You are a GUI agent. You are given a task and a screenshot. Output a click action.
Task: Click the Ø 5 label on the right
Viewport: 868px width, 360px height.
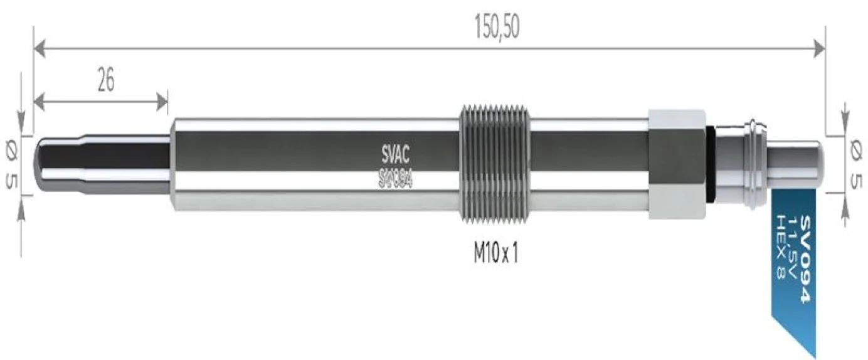click(x=854, y=164)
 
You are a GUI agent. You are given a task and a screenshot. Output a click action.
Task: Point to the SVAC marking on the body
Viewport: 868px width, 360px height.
click(x=395, y=152)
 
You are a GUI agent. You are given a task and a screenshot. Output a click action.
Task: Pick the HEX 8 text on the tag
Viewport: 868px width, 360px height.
click(x=780, y=248)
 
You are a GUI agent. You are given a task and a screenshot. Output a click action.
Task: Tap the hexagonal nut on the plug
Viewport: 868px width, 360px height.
click(x=677, y=164)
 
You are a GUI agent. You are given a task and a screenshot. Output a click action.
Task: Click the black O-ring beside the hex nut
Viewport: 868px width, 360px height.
click(x=710, y=164)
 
